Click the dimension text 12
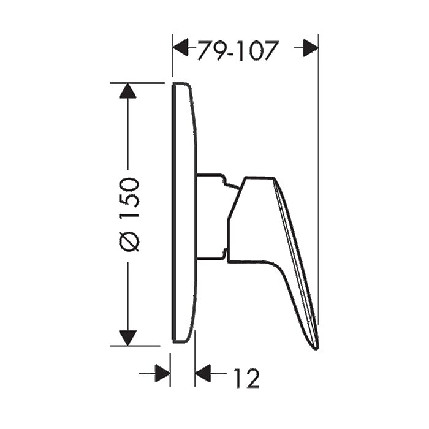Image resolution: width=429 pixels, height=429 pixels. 246,378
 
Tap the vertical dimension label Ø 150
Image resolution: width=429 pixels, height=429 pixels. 130,214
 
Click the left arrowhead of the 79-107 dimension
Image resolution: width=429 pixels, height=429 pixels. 181,47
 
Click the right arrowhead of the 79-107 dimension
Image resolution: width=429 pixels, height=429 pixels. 310,48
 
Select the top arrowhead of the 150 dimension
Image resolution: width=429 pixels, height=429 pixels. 127,91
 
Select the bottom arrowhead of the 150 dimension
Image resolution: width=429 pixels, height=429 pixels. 127,338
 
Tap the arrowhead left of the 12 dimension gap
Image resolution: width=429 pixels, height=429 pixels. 162,373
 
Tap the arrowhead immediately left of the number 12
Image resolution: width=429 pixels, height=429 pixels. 203,373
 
